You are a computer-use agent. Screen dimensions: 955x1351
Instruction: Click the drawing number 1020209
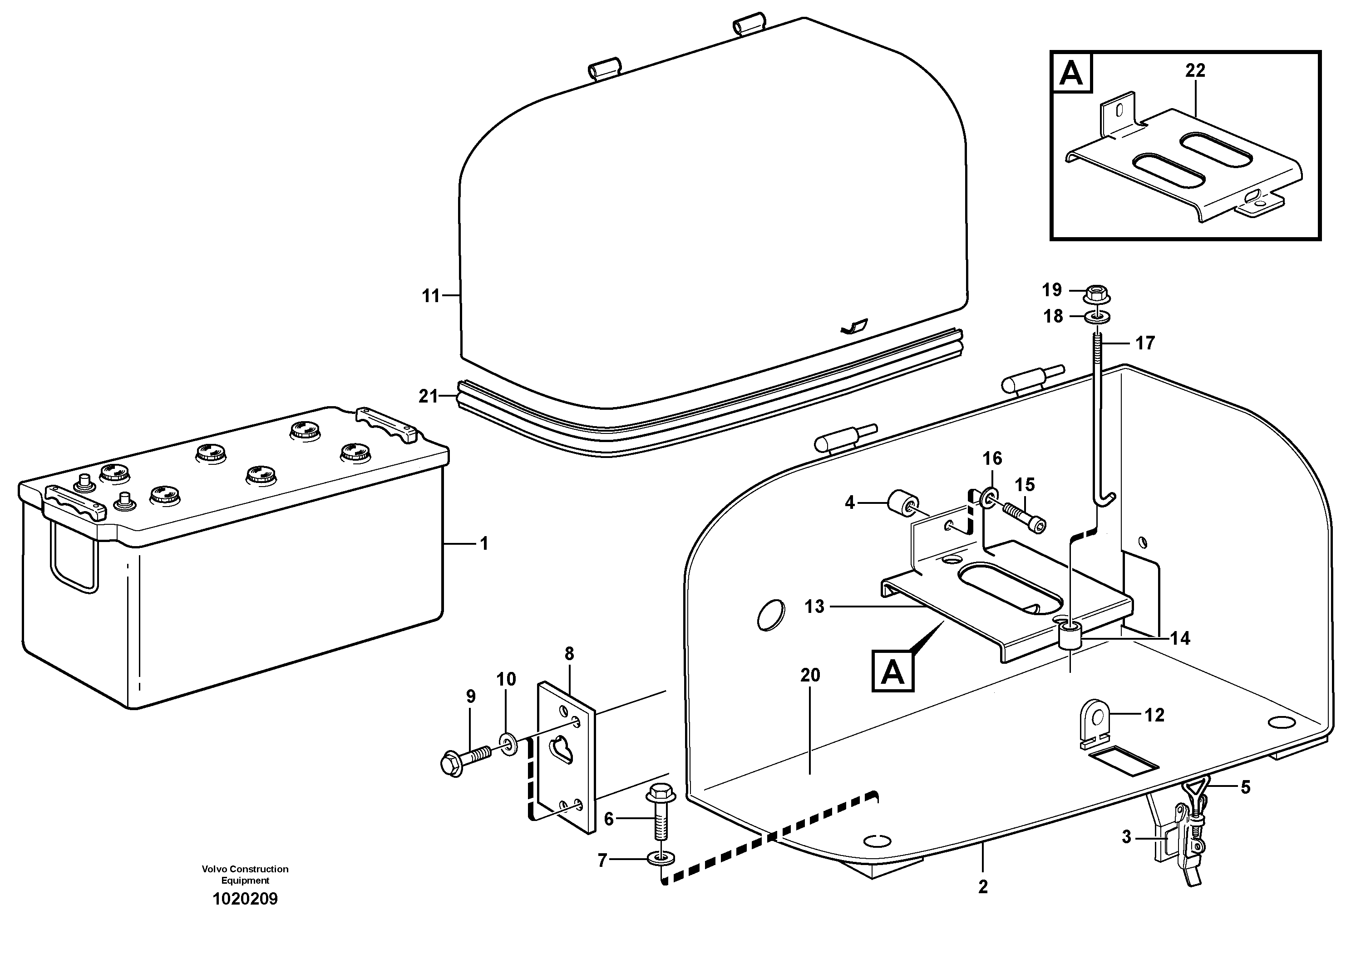(245, 899)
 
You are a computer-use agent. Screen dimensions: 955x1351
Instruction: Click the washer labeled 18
(1097, 317)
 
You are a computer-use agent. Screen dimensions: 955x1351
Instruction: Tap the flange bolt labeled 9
(461, 760)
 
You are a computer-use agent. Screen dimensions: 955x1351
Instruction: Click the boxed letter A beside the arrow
(892, 671)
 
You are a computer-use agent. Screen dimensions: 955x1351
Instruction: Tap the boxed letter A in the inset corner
(1071, 75)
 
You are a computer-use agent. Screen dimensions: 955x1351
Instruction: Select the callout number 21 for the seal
(429, 397)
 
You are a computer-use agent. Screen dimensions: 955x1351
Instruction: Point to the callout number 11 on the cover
(431, 296)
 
